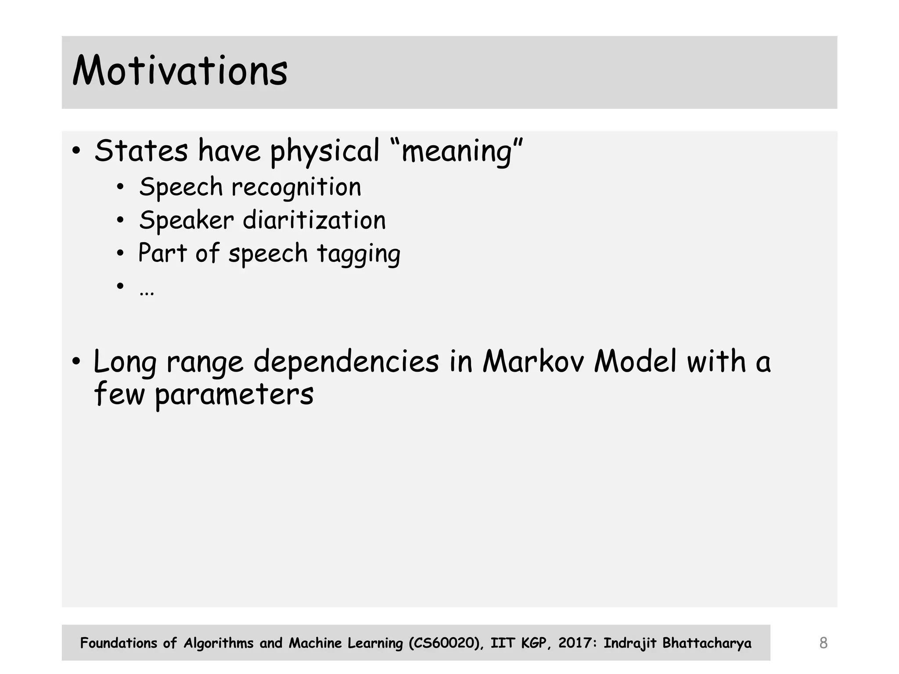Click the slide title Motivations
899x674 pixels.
(180, 71)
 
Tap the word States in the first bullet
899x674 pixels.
(141, 151)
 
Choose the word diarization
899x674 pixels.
(314, 220)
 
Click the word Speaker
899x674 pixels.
(186, 220)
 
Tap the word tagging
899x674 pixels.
(358, 254)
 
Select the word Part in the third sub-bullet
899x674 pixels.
(162, 253)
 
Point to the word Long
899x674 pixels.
(125, 362)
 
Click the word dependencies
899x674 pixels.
(346, 362)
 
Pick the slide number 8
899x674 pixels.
(823, 643)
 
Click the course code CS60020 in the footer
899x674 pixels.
(444, 643)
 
